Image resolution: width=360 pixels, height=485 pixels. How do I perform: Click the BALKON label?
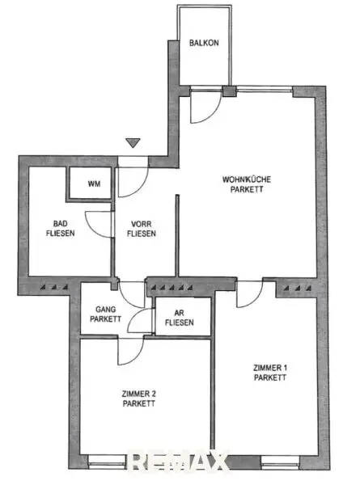204,43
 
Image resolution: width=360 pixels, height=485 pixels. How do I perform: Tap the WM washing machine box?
90,183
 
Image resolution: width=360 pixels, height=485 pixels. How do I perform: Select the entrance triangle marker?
133,142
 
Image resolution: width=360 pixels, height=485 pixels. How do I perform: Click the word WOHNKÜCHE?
247,179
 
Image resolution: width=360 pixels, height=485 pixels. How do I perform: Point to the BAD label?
61,223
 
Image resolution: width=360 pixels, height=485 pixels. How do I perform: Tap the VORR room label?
141,224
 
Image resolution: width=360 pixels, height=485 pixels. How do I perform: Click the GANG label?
105,309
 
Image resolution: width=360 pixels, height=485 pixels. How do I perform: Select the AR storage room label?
180,313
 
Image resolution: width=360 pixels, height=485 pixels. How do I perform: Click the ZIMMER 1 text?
270,368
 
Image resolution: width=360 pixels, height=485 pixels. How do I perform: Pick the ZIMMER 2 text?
138,394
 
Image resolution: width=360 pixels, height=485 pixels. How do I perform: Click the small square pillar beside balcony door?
230,91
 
